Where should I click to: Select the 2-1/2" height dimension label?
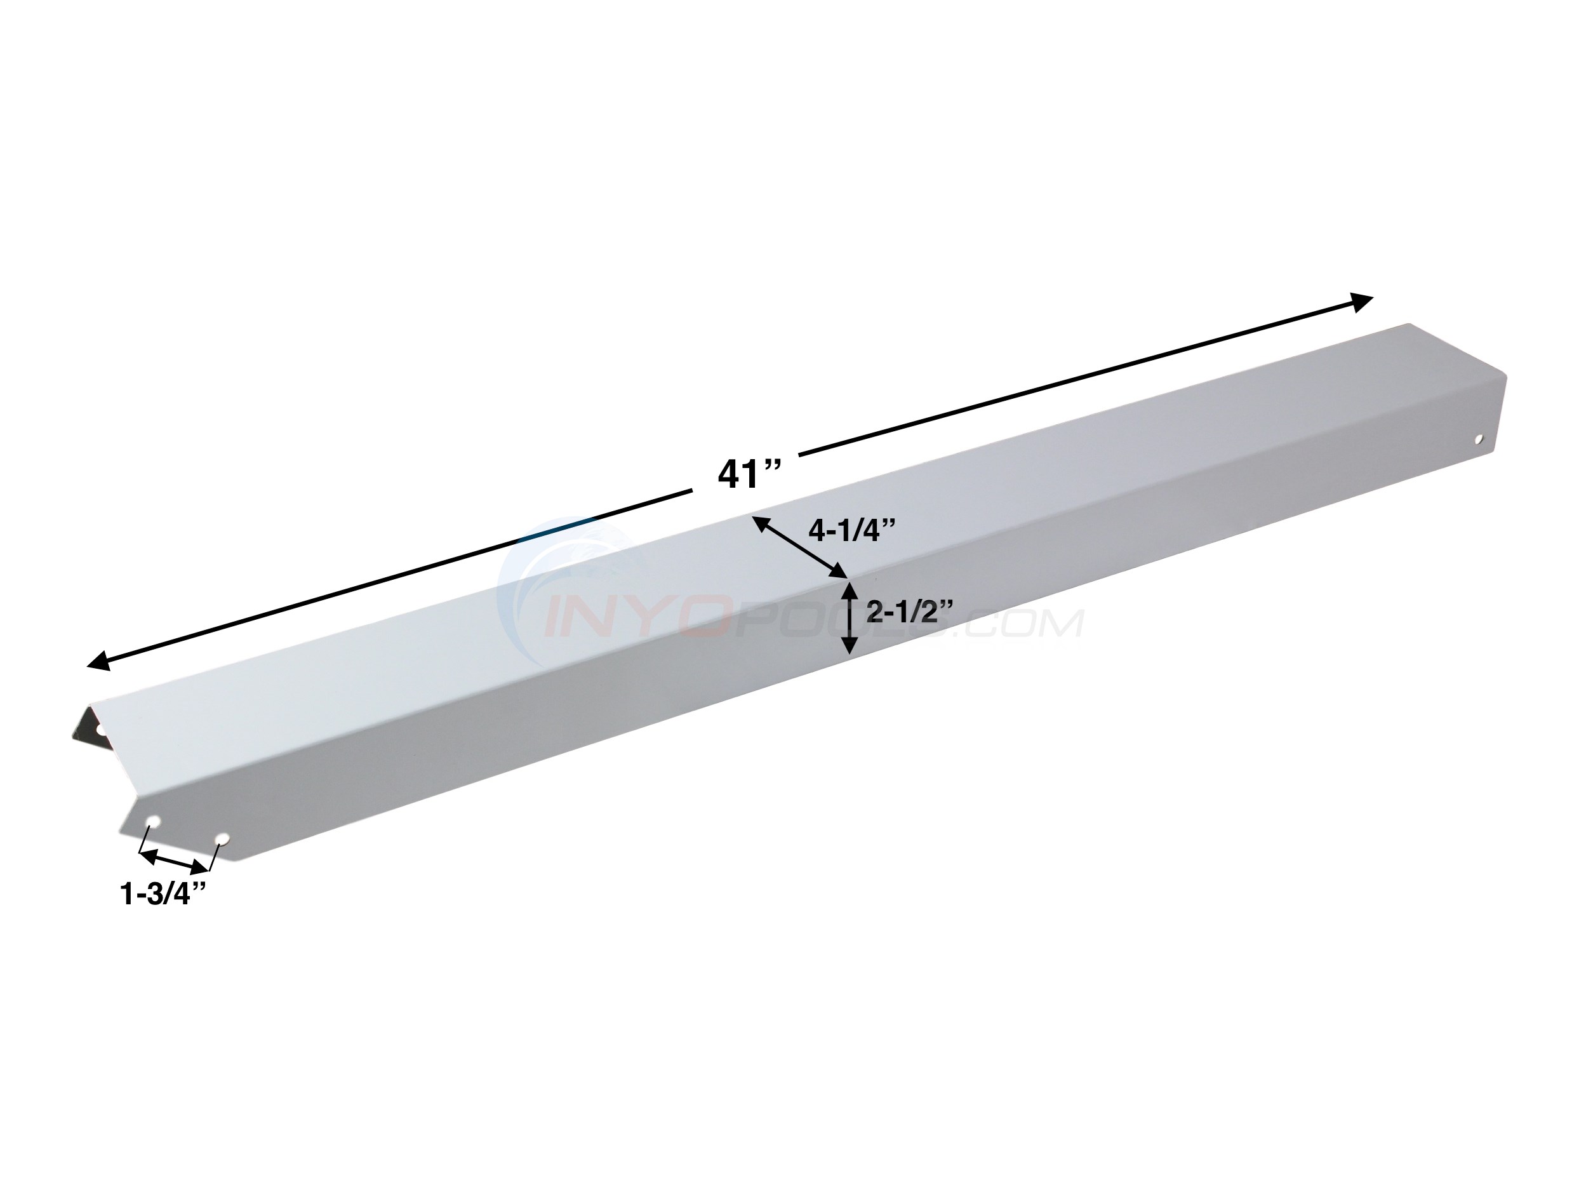tap(909, 612)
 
